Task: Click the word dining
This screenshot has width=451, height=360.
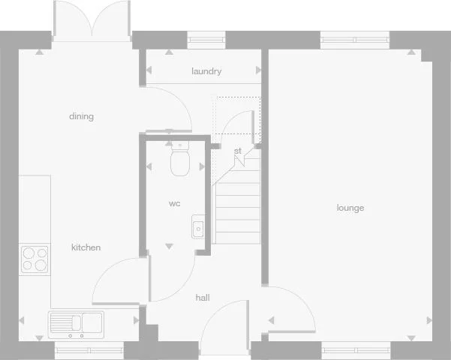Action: tap(81, 116)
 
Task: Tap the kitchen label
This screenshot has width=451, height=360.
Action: tap(86, 247)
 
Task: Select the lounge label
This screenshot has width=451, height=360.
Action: tap(350, 208)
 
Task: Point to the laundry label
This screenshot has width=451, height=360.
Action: tap(206, 72)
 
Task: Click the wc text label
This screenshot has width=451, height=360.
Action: tap(174, 203)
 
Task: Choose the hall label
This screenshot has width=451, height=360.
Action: tap(203, 298)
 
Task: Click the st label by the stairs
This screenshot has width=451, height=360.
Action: tap(238, 151)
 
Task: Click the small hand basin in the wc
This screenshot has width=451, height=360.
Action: tap(198, 226)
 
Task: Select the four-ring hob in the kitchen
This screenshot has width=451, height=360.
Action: tap(35, 259)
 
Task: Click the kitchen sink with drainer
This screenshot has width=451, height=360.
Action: tap(77, 324)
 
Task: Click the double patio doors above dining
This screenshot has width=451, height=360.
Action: tap(92, 19)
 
